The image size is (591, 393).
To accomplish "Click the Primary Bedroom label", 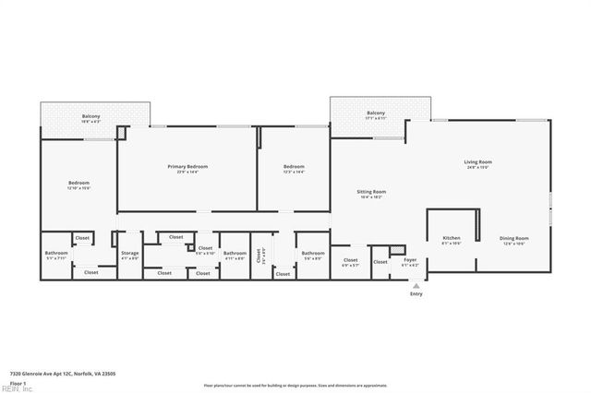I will point(187,169).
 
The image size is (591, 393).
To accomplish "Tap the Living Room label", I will point(477,164).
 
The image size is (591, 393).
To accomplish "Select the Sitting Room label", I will point(371,194).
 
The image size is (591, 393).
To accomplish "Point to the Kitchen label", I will point(452,240).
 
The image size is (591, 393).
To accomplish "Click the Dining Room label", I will point(514,240).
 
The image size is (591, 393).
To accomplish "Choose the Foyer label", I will point(409,262).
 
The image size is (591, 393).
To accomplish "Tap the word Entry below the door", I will point(416,294).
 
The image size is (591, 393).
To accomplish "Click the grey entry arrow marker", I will point(416,285).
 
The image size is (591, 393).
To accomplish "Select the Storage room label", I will point(130,255).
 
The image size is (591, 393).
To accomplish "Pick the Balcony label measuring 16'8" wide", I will point(90,118).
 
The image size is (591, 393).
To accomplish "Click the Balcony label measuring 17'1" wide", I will point(375,114).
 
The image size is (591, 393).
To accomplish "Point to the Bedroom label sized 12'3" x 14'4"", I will point(293,169).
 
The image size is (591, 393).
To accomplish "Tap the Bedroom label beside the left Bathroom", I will point(78,185).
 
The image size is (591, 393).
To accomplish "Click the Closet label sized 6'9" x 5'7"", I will point(350,262).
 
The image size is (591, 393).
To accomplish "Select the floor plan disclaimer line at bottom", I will point(295,383).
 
